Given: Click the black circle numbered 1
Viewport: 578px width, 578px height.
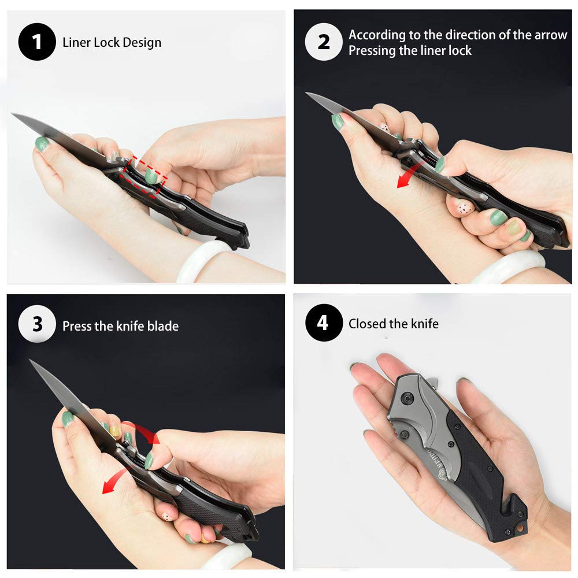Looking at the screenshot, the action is pyautogui.click(x=37, y=42).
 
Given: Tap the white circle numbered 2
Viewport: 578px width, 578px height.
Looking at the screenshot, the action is pyautogui.click(x=324, y=42).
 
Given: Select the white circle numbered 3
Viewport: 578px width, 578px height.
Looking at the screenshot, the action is pyautogui.click(x=37, y=324).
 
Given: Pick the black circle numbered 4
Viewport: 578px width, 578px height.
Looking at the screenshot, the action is pyautogui.click(x=324, y=323).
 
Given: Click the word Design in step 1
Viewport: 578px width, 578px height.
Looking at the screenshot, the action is pyautogui.click(x=142, y=43).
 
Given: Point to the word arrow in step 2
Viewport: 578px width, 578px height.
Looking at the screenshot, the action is pyautogui.click(x=551, y=35).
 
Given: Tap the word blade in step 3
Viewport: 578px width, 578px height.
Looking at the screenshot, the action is pyautogui.click(x=163, y=326).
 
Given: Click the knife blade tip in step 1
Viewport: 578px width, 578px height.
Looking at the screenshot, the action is pyautogui.click(x=12, y=114).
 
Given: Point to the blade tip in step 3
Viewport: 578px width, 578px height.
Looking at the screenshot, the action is pyautogui.click(x=30, y=360).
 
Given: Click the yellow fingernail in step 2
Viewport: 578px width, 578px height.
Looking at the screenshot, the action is pyautogui.click(x=513, y=227).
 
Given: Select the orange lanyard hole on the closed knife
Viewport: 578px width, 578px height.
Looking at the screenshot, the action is pyautogui.click(x=520, y=529).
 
